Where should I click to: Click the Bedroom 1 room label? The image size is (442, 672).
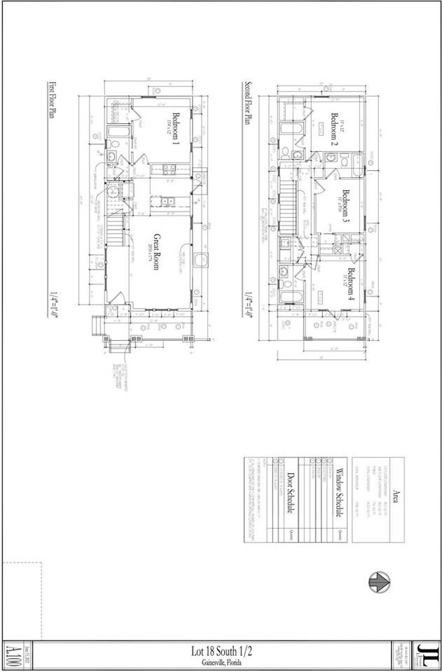pyautogui.click(x=175, y=129)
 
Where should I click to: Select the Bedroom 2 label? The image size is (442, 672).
pyautogui.click(x=335, y=129)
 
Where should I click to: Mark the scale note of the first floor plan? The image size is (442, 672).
pyautogui.click(x=51, y=304)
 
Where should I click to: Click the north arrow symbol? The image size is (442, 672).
pyautogui.click(x=378, y=580)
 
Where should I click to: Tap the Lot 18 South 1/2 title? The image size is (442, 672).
pyautogui.click(x=221, y=651)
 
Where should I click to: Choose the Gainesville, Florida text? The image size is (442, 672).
pyautogui.click(x=221, y=661)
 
